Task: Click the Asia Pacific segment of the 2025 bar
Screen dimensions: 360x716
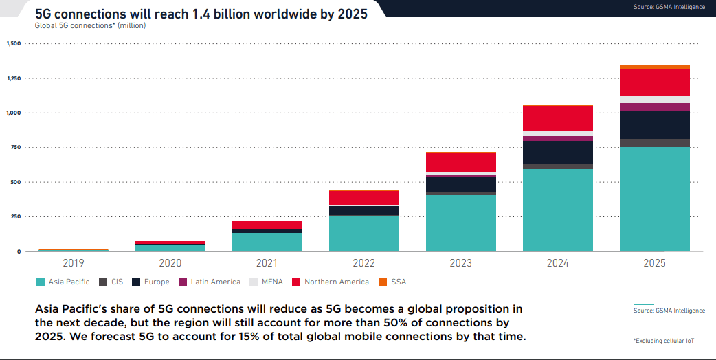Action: [x=654, y=199]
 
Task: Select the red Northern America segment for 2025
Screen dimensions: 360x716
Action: [x=654, y=82]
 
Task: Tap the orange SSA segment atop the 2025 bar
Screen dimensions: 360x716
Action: [x=654, y=67]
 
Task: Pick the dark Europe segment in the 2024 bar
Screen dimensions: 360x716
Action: [x=558, y=152]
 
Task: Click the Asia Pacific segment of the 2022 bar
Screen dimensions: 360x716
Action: [x=364, y=234]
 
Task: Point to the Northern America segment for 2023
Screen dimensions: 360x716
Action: [x=461, y=163]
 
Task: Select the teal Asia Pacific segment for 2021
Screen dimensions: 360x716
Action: [x=267, y=242]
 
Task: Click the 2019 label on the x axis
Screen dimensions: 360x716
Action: [x=74, y=262]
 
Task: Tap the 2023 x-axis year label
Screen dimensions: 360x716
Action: [x=461, y=262]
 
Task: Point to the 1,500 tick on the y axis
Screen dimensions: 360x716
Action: [x=14, y=44]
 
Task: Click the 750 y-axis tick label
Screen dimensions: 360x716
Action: [x=15, y=148]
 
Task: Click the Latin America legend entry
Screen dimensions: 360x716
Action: [x=210, y=282]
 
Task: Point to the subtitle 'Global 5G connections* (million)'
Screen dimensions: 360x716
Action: [x=90, y=26]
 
